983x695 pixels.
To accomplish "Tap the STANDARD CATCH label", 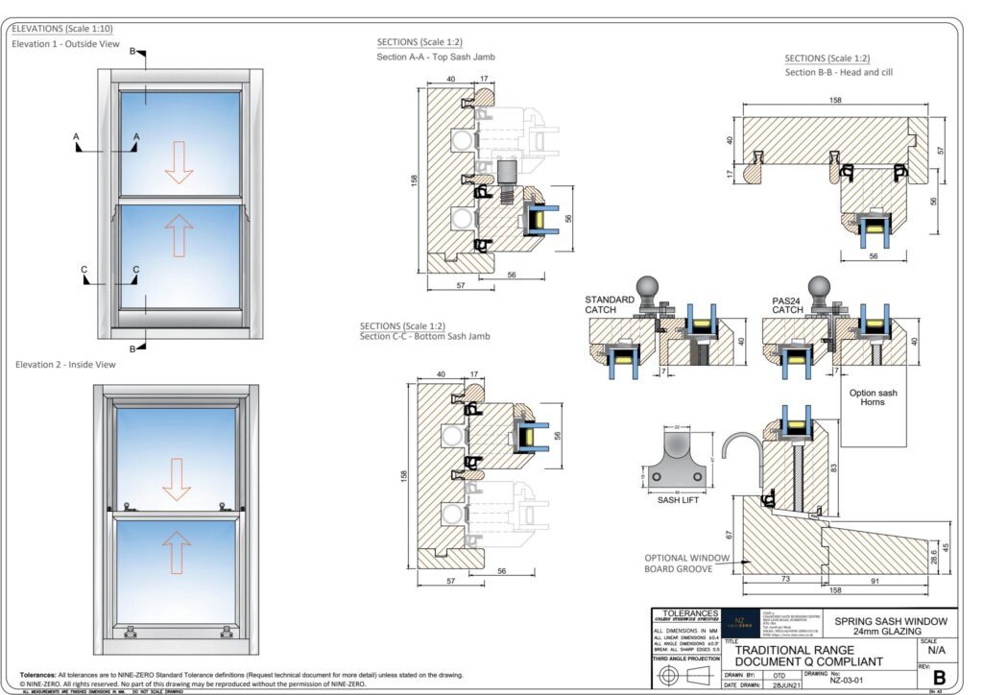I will click(610, 305).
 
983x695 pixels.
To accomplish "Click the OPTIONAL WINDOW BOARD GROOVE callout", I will click(687, 563).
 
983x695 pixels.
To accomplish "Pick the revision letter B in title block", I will click(939, 678).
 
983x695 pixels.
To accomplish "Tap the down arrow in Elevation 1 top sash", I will click(179, 161).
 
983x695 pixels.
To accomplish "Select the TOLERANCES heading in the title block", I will click(685, 613).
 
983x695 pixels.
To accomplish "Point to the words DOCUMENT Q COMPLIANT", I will click(808, 661).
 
